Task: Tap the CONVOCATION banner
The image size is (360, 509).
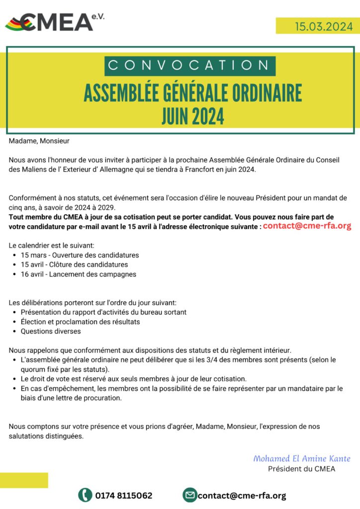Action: pyautogui.click(x=189, y=66)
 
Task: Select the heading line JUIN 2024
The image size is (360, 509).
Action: pyautogui.click(x=193, y=116)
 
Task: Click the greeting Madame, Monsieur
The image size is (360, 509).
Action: pyautogui.click(x=39, y=141)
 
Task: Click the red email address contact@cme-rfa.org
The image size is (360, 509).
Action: pyautogui.click(x=307, y=226)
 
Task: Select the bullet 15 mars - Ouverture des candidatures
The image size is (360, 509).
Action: pyautogui.click(x=80, y=255)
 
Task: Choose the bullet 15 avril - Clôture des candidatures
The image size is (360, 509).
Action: pyautogui.click(x=74, y=264)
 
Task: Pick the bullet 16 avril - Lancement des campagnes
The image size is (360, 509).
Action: pyautogui.click(x=78, y=274)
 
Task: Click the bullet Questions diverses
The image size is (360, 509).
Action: pyautogui.click(x=50, y=331)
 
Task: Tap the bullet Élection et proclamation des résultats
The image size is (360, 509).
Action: pyautogui.click(x=80, y=322)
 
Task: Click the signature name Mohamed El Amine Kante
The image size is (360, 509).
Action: pyautogui.click(x=302, y=458)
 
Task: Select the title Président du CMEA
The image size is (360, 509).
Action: pyautogui.click(x=302, y=469)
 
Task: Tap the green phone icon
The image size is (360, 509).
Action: pyautogui.click(x=85, y=495)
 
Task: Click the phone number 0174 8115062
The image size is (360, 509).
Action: pyautogui.click(x=124, y=496)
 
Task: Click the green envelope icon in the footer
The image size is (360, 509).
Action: pyautogui.click(x=189, y=495)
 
